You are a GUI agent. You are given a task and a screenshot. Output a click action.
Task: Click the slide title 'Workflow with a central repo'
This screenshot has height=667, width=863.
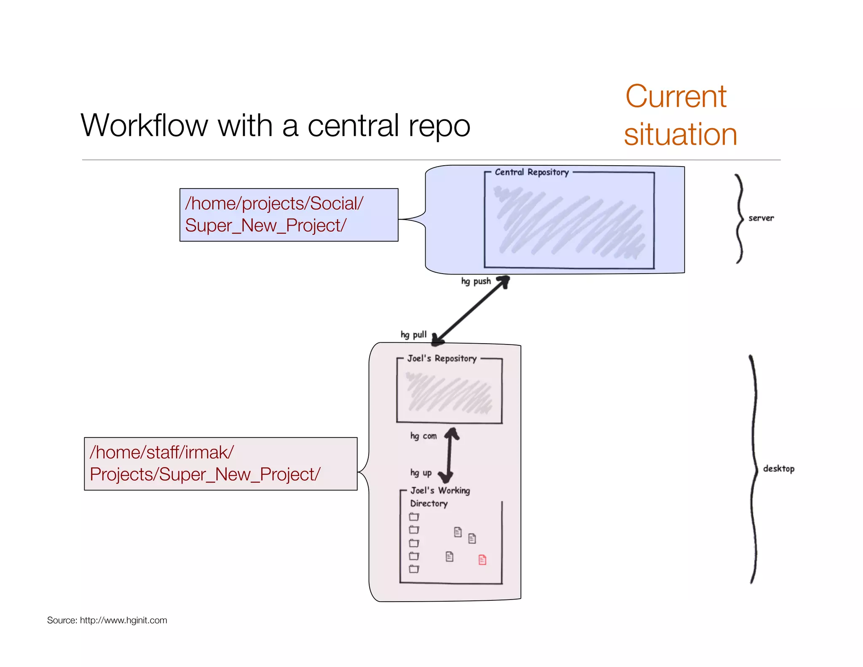pos(275,125)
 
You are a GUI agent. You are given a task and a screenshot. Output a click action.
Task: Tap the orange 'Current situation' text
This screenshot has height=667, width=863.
pos(680,115)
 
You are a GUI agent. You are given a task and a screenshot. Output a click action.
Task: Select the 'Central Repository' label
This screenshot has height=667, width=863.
pos(531,172)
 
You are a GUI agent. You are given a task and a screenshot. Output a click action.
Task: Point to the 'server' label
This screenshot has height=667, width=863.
pos(761,218)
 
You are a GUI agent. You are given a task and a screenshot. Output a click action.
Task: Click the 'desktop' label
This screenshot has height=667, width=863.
pos(778,468)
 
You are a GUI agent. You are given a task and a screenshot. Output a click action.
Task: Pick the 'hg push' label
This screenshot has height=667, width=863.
pos(476,281)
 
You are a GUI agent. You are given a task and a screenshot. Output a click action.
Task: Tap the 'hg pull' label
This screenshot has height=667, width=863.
pos(413,334)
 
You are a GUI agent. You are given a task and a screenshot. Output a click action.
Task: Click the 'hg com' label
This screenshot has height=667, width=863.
pos(423,436)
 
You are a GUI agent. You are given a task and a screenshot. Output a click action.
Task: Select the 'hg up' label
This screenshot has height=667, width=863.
pos(421,473)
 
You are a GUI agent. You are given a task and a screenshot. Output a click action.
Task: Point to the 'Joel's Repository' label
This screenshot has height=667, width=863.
pos(441,358)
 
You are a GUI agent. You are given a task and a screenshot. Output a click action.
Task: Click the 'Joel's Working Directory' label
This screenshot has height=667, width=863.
pos(440,496)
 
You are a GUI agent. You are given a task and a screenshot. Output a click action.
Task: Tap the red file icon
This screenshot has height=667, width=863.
pos(482,559)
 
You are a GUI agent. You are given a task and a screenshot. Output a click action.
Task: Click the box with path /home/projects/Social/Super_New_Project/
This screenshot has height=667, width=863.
pos(289,215)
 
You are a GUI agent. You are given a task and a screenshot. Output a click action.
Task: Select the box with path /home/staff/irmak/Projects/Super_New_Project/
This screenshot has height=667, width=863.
pos(220,463)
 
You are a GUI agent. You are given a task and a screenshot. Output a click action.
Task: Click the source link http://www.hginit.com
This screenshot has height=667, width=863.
pos(123,620)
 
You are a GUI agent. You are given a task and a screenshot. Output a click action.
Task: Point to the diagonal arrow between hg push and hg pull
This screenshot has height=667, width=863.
pos(472,310)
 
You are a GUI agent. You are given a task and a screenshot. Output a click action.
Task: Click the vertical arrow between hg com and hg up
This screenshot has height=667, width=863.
pos(450,455)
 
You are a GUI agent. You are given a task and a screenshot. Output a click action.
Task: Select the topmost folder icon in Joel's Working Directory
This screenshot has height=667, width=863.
pos(414,516)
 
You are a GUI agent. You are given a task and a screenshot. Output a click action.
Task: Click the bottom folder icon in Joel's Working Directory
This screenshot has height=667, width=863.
pos(414,569)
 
